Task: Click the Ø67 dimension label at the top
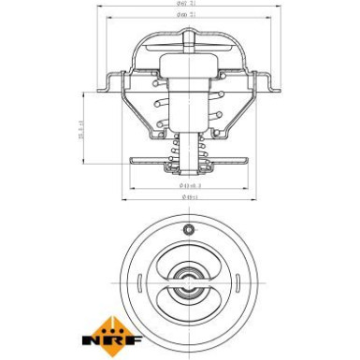point(182,6)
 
